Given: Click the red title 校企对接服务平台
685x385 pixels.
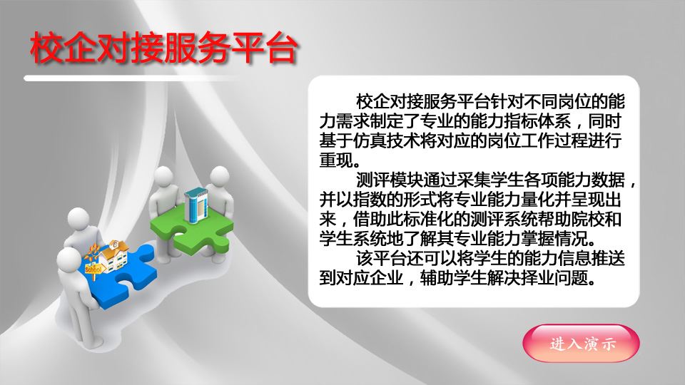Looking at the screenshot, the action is (x=164, y=47).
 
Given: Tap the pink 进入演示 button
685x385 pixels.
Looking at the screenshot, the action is (x=581, y=344).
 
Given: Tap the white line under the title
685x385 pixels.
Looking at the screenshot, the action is (x=131, y=78).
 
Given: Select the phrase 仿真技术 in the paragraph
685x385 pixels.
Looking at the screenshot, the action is (x=386, y=141).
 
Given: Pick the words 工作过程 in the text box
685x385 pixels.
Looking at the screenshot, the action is (x=554, y=141).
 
